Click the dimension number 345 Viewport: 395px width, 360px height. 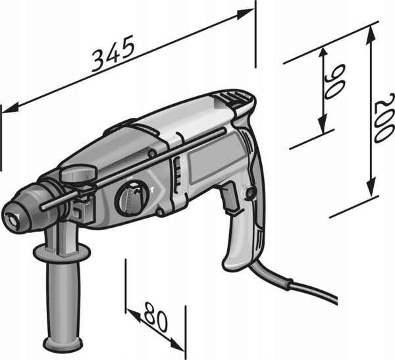coord(113,53)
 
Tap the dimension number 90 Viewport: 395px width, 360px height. coord(334,81)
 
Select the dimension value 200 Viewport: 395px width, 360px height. coord(384,118)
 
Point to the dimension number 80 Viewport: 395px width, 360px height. coord(155,316)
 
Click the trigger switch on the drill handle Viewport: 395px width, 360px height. coord(229,197)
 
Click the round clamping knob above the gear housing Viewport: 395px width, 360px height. coord(79,173)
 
